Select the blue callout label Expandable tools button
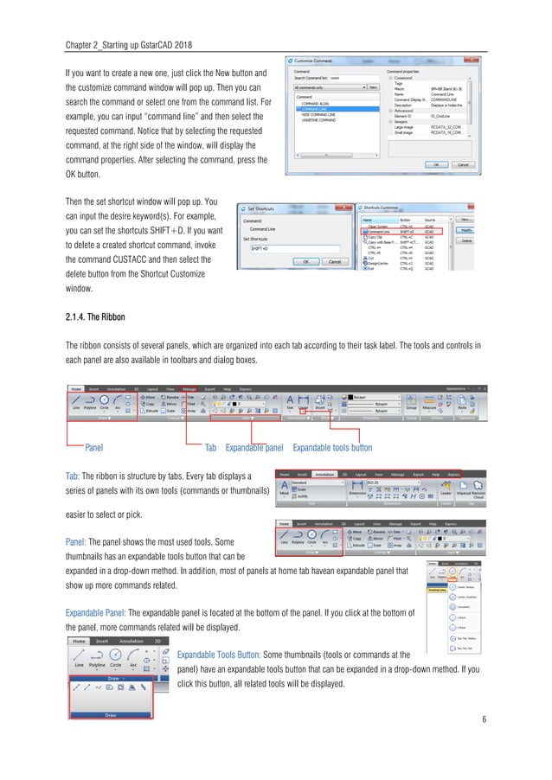(x=332, y=449)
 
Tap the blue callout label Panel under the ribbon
(x=94, y=449)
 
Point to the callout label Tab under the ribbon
(x=209, y=449)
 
